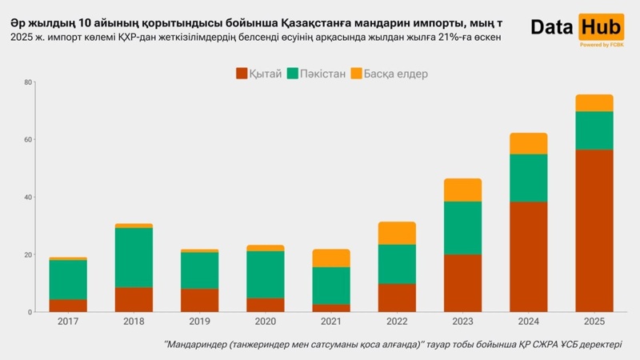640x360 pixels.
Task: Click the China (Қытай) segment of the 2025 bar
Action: pyautogui.click(x=594, y=230)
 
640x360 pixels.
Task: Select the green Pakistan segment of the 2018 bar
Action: pyautogui.click(x=134, y=258)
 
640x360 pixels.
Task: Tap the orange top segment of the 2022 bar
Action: pyautogui.click(x=397, y=233)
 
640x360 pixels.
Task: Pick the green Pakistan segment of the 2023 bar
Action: pyautogui.click(x=462, y=228)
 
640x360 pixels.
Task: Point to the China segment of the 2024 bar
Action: pyautogui.click(x=528, y=256)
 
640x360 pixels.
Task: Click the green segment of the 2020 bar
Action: pyautogui.click(x=265, y=274)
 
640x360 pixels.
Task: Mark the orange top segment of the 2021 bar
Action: pyautogui.click(x=331, y=258)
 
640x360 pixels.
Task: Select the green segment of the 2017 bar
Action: pyautogui.click(x=68, y=279)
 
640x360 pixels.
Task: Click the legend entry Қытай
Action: pyautogui.click(x=259, y=74)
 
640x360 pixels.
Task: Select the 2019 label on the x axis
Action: pyautogui.click(x=199, y=322)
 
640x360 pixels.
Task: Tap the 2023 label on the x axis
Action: pyautogui.click(x=462, y=322)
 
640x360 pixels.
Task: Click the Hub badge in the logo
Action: pyautogui.click(x=602, y=27)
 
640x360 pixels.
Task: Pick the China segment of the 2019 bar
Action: pyautogui.click(x=199, y=300)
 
